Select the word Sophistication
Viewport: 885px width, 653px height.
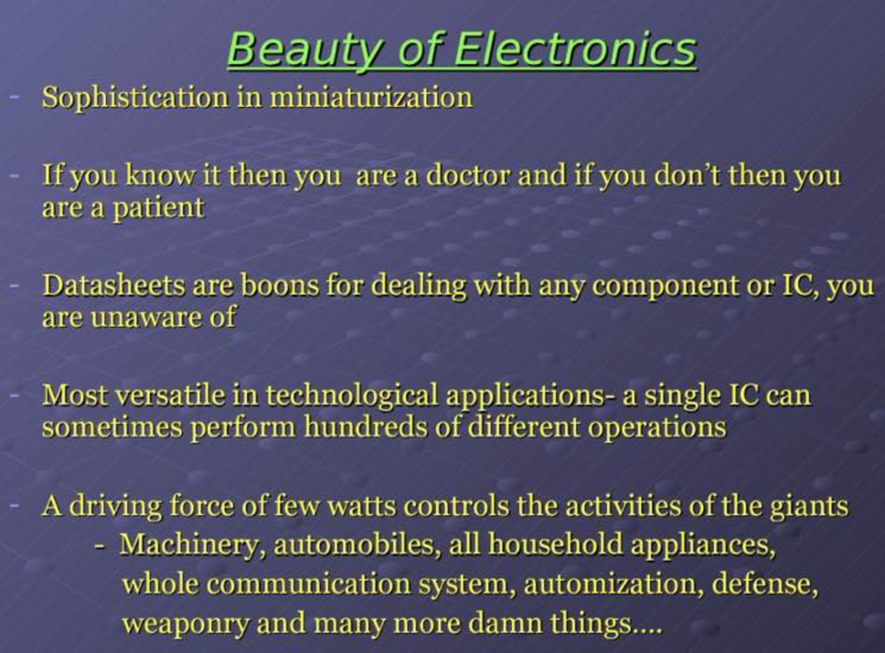[134, 97]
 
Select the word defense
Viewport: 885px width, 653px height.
[768, 584]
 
